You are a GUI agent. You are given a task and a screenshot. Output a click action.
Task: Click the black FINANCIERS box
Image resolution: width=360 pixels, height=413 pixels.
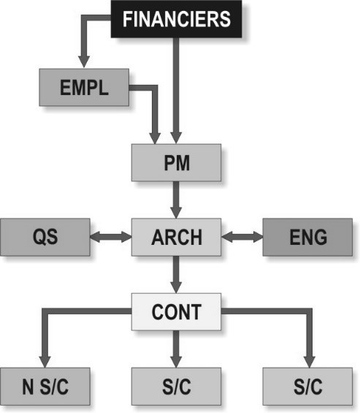(x=176, y=19)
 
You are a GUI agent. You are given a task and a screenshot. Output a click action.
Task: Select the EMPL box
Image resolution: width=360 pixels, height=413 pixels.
(x=84, y=88)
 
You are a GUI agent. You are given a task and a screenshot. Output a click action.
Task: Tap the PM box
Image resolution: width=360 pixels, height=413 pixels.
(x=176, y=162)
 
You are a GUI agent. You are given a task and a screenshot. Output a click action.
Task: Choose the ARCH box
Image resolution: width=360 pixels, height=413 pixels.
(x=176, y=237)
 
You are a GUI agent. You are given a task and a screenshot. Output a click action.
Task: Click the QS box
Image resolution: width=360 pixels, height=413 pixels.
(x=45, y=237)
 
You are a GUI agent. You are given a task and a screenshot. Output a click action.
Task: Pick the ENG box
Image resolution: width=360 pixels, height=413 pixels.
(x=307, y=237)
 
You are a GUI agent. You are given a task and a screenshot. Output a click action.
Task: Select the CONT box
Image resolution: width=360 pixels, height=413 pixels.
(x=176, y=311)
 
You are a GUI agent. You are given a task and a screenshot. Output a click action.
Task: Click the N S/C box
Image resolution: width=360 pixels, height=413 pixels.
(x=45, y=387)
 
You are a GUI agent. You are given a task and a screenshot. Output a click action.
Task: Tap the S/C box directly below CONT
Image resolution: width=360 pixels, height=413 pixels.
(x=176, y=387)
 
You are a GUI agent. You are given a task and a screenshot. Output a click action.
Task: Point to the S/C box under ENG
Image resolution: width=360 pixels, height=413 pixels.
(x=307, y=387)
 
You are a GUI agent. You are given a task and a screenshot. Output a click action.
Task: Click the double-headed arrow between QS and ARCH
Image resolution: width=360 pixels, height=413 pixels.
(x=111, y=237)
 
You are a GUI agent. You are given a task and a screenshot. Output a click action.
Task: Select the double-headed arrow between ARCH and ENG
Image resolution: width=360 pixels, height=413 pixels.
(x=242, y=237)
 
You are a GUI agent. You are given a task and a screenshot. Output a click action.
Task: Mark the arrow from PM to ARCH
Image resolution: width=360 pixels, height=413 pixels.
(x=176, y=200)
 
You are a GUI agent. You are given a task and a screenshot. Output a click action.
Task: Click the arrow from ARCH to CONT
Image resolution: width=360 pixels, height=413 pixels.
(x=176, y=274)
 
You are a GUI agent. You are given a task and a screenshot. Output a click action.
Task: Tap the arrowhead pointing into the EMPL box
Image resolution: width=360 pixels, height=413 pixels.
(x=84, y=62)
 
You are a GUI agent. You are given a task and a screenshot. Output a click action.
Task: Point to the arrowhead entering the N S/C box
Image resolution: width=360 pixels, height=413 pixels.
(x=45, y=362)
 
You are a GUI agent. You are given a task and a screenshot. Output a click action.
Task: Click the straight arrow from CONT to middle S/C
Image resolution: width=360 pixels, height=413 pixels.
(x=176, y=349)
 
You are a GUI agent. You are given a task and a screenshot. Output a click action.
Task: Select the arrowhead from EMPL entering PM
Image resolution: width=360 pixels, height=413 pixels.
(x=155, y=138)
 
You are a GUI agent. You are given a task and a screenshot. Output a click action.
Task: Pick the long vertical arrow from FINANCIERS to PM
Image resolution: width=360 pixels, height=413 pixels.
(x=176, y=91)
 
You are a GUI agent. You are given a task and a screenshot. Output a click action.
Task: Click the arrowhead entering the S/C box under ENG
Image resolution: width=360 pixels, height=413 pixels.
(x=309, y=362)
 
